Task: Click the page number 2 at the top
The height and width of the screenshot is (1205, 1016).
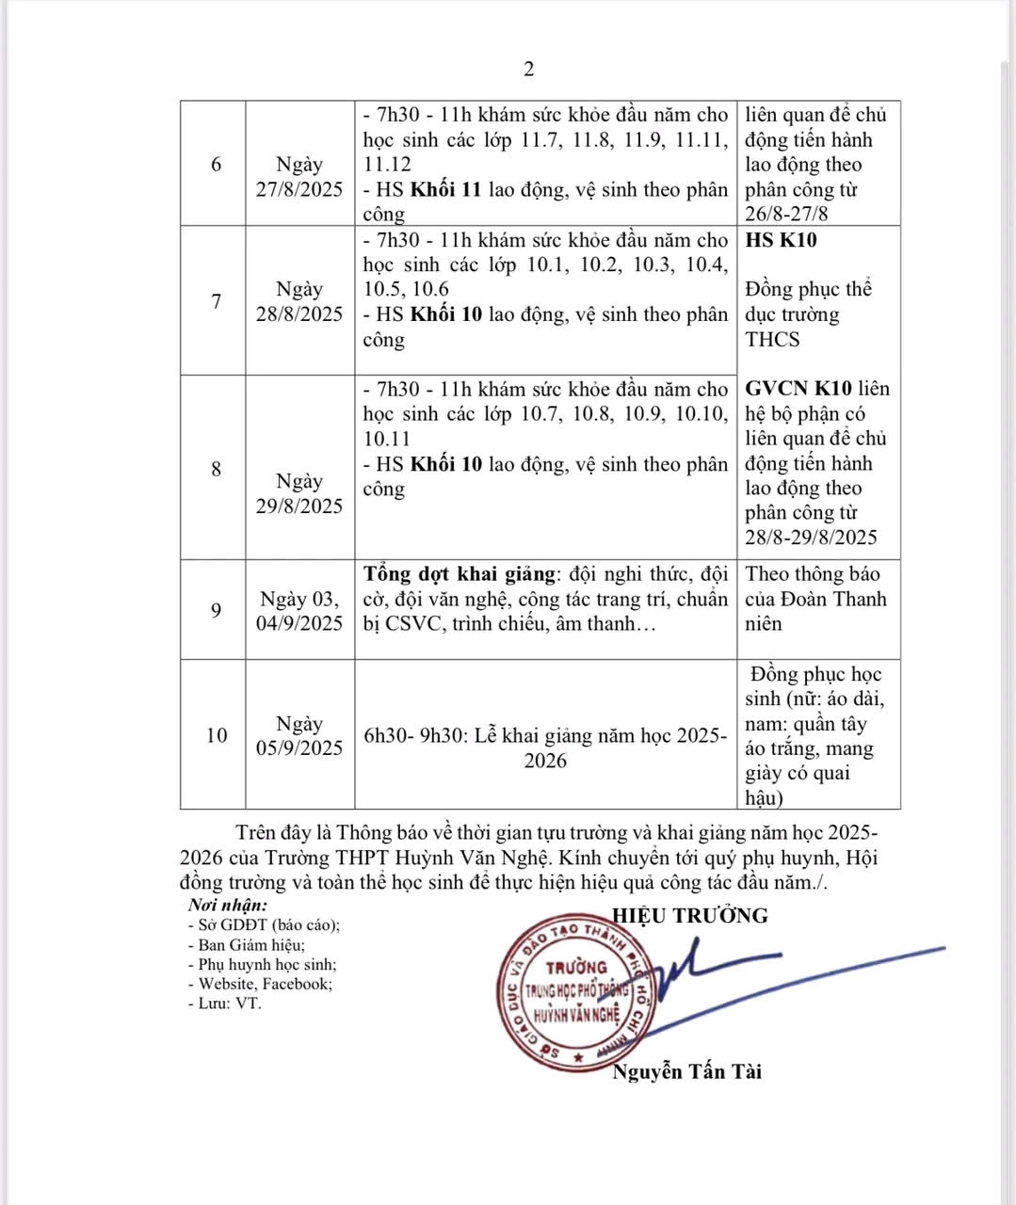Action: (x=528, y=69)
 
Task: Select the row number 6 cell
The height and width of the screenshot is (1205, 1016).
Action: (x=216, y=164)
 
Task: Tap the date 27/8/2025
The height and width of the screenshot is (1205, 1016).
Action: (x=299, y=188)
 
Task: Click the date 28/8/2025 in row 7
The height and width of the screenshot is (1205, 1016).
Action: (x=299, y=313)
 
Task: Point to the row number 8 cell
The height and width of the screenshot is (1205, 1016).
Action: (x=216, y=468)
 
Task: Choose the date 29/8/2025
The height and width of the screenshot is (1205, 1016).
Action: (x=299, y=506)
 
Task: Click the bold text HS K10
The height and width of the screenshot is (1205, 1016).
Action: (x=781, y=240)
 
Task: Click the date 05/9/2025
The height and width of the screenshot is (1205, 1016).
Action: (x=299, y=748)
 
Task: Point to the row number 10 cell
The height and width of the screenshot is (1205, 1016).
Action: (x=216, y=735)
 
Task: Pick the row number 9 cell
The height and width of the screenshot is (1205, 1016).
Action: (x=216, y=610)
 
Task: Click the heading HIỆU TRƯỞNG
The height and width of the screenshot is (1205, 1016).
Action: (x=690, y=915)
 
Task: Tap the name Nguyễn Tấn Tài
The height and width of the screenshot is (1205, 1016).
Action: (x=686, y=1071)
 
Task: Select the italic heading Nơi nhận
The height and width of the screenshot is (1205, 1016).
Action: (x=227, y=906)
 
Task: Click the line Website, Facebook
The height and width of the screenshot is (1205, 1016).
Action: (x=265, y=984)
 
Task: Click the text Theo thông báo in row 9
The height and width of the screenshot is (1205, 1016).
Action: (x=813, y=574)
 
